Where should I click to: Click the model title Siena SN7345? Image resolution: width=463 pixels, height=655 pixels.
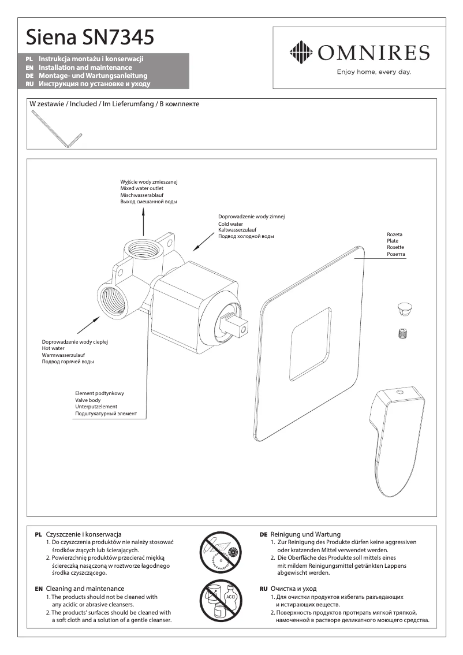coord(90,38)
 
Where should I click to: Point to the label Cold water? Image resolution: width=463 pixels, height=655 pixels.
coord(230,224)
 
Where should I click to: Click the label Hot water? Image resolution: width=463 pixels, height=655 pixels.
coord(53,348)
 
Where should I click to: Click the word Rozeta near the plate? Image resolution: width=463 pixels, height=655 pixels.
coord(394,234)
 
